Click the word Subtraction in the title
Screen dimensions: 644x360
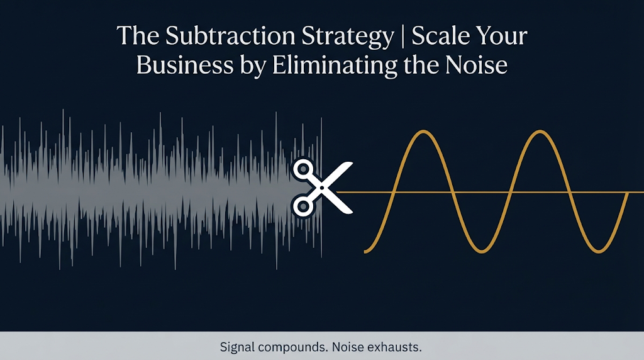(x=230, y=36)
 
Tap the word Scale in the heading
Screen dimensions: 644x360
(x=441, y=36)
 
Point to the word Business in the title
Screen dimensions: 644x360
(x=185, y=65)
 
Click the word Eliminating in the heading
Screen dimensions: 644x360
(x=335, y=65)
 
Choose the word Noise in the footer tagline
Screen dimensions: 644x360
(x=348, y=347)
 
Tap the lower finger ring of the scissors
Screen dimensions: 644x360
(x=303, y=206)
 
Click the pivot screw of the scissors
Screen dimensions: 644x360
(x=322, y=188)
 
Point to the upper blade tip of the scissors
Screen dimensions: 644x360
(x=352, y=163)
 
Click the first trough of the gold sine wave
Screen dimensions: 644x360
(x=481, y=250)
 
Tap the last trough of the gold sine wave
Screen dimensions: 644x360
(x=599, y=250)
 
